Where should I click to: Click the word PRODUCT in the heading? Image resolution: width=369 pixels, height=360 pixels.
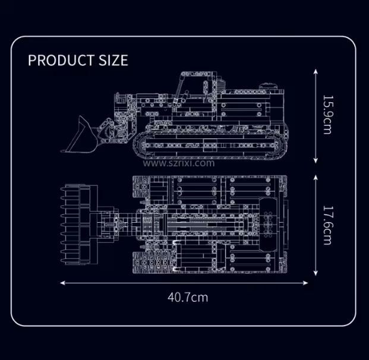coord(61,60)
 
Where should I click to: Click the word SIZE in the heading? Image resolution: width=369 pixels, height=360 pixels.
coord(113,60)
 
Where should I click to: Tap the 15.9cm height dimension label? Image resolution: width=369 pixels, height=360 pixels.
coord(327,115)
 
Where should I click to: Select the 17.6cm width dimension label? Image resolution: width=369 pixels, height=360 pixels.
coord(327,225)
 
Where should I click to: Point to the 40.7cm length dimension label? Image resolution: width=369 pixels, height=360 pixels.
coord(188,298)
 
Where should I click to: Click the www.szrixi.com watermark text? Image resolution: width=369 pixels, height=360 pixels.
coord(179,163)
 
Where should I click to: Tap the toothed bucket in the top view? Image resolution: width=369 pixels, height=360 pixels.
coord(79,225)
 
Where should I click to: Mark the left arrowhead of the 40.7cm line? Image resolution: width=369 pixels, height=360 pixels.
coord(62,283)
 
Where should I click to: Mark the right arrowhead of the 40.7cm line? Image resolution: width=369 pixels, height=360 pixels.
coord(305,283)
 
